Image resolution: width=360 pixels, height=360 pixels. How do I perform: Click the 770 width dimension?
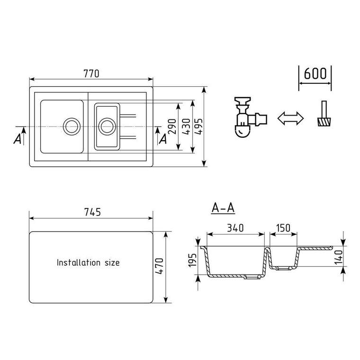point(91,74)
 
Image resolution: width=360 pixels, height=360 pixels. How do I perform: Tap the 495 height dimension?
point(199,126)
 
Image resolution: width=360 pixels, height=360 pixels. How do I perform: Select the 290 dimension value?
point(172,126)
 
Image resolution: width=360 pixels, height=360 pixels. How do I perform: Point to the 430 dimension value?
point(186,126)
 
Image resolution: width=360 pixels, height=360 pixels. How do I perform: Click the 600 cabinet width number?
point(315,73)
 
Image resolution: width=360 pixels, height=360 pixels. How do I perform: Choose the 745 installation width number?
point(92,212)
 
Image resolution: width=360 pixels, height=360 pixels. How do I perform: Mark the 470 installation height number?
point(159,266)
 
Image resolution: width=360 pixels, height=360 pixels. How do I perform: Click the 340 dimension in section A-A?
point(235,228)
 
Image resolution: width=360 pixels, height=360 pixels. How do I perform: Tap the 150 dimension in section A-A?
point(283,228)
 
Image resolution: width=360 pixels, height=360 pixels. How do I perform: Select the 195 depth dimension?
point(192,260)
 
